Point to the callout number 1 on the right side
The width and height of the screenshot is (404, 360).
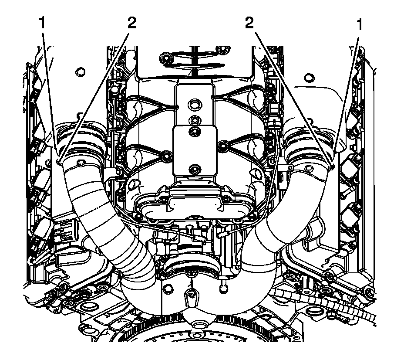360,25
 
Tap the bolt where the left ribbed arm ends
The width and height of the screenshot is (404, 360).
165,154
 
